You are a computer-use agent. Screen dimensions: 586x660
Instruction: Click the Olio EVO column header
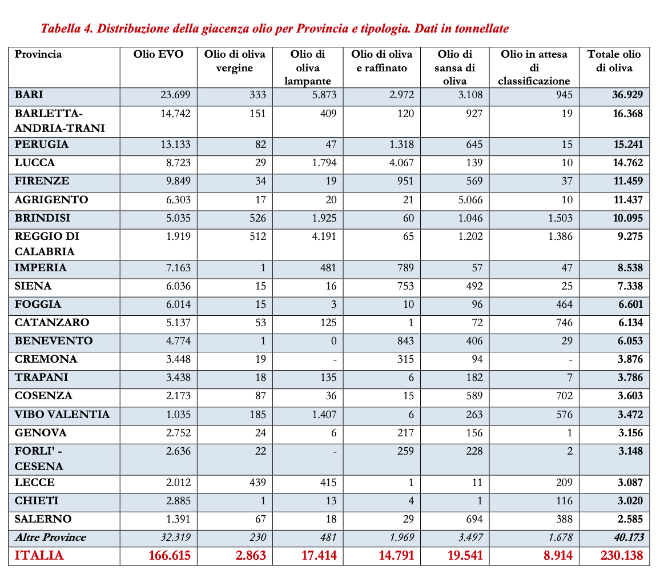coord(159,55)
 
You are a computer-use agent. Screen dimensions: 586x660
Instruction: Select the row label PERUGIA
coord(42,145)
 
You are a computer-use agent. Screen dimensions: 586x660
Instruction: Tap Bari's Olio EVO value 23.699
coord(175,95)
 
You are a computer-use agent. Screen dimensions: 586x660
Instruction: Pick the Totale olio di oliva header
coord(614,61)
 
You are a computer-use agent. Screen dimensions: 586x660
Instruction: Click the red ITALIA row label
coord(39,556)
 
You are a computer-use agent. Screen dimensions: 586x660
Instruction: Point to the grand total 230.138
coord(621,556)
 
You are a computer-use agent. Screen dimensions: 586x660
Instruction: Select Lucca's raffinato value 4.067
coord(399,163)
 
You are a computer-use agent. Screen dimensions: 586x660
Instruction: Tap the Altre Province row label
coord(50,537)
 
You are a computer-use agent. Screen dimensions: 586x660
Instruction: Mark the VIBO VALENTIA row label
coord(62,415)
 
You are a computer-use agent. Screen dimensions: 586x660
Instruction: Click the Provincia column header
coord(38,55)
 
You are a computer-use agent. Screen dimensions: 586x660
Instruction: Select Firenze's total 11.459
coord(628,181)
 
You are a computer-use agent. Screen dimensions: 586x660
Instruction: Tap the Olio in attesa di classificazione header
coord(534,67)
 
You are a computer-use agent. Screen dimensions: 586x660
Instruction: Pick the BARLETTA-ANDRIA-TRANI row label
coord(59,121)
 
